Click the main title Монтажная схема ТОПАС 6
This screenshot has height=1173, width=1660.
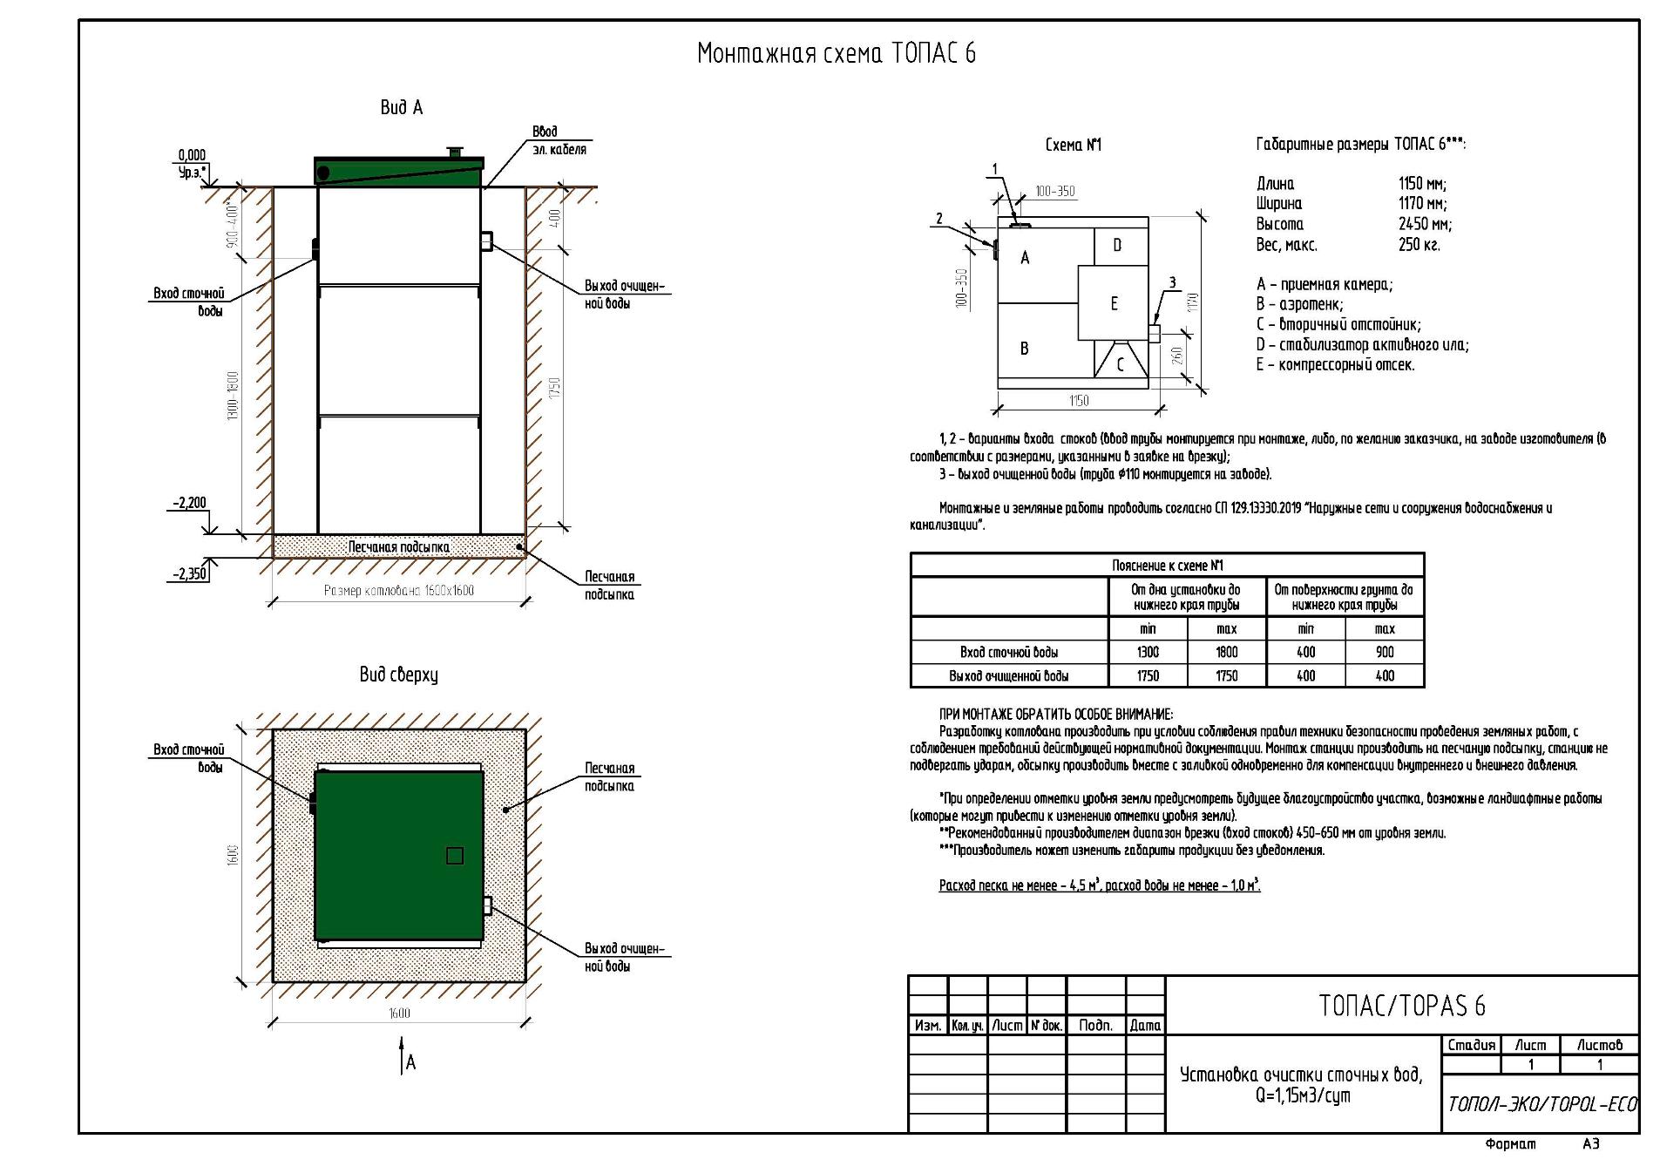[836, 54]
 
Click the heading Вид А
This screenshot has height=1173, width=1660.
[401, 107]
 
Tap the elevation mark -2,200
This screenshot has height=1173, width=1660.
[189, 503]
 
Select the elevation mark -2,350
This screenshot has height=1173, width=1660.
[189, 574]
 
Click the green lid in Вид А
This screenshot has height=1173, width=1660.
[398, 173]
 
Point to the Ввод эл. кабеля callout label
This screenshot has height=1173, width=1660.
[558, 140]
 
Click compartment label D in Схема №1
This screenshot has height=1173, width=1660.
[1117, 246]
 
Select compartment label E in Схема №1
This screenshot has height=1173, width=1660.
[1114, 303]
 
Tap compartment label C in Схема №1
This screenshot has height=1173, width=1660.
[1121, 365]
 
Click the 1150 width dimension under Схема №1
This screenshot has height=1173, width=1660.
[1078, 401]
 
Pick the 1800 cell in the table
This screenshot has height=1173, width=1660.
[1226, 652]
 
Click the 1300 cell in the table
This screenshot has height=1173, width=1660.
[1148, 652]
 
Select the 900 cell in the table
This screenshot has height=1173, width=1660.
[1384, 652]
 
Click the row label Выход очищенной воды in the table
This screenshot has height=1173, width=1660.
[1008, 675]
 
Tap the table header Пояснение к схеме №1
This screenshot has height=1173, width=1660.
[1167, 565]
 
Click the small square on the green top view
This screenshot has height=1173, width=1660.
[454, 856]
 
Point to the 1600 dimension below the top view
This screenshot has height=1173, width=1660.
[398, 1013]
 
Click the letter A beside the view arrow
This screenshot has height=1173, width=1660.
[411, 1062]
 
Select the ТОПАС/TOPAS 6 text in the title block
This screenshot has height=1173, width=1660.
[1401, 1006]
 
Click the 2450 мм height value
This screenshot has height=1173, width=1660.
[1425, 224]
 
